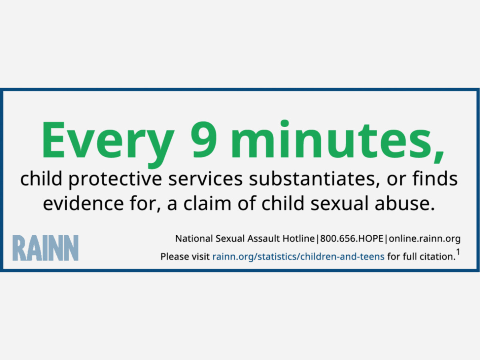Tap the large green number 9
point(204,140)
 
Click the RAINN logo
point(46,248)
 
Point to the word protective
point(115,179)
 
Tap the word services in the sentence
point(206,179)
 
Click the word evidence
point(84,203)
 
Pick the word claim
point(207,203)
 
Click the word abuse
point(404,203)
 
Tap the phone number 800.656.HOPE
point(352,238)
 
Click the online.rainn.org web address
point(425,239)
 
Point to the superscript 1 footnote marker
point(458,252)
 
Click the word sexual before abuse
point(339,203)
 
